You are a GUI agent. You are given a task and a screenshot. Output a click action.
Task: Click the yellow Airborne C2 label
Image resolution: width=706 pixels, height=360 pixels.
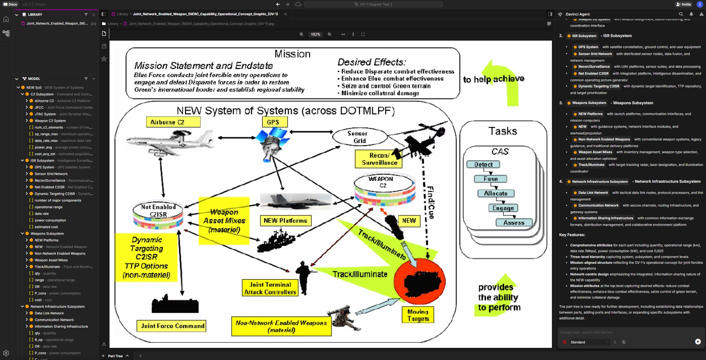pyautogui.click(x=173, y=122)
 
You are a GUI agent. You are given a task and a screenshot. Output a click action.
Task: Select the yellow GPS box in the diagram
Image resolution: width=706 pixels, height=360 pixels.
pyautogui.click(x=275, y=122)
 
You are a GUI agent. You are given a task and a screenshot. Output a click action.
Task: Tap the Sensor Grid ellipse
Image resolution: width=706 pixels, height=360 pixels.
pyautogui.click(x=359, y=137)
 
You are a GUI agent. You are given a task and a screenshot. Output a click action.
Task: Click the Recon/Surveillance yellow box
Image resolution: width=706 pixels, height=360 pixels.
pyautogui.click(x=379, y=159)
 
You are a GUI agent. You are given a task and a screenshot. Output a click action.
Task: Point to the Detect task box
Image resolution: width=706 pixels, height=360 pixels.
pyautogui.click(x=483, y=165)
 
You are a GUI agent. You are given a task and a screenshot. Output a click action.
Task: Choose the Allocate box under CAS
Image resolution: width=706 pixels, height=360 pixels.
pyautogui.click(x=495, y=193)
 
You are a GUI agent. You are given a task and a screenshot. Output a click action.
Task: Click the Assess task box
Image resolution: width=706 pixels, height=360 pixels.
pyautogui.click(x=514, y=223)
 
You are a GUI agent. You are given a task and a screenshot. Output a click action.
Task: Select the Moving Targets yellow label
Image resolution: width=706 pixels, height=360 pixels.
pyautogui.click(x=418, y=315)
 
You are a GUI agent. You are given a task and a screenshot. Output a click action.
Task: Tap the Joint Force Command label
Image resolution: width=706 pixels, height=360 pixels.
pyautogui.click(x=172, y=326)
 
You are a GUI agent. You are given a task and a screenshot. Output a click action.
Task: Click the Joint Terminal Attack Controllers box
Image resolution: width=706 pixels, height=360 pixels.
pyautogui.click(x=270, y=288)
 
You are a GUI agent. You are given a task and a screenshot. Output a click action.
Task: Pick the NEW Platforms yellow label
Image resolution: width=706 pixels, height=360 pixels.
pyautogui.click(x=285, y=221)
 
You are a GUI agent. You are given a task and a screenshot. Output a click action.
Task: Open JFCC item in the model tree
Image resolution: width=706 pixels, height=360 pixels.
pyautogui.click(x=39, y=108)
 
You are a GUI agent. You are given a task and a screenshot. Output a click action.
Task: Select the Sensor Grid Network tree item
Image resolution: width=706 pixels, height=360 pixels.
pyautogui.click(x=51, y=174)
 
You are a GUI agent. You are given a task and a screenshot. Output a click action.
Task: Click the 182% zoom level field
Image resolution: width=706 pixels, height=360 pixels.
pyautogui.click(x=315, y=34)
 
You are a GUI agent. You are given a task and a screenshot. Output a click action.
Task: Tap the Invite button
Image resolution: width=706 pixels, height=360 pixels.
pyautogui.click(x=683, y=4)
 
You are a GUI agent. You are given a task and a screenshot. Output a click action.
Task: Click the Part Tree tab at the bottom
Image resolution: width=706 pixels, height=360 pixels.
pyautogui.click(x=115, y=356)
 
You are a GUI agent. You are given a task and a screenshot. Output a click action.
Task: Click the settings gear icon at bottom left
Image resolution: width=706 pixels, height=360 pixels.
pyautogui.click(x=6, y=353)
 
